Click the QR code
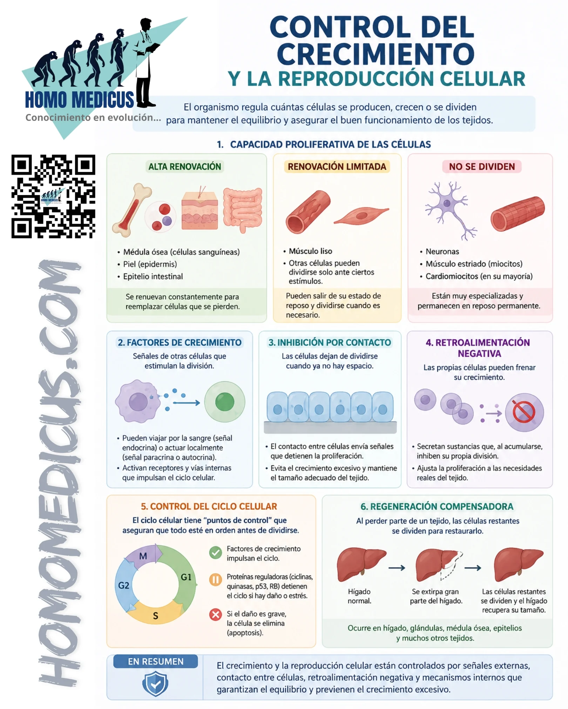click(x=53, y=196)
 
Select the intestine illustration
click(x=243, y=209)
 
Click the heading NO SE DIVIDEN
click(x=482, y=167)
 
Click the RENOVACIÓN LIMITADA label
click(x=337, y=167)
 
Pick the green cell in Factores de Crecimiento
click(x=225, y=402)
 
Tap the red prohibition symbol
click(x=524, y=412)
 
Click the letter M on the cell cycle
click(x=143, y=556)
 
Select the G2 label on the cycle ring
click(x=123, y=585)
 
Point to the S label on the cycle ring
click(x=156, y=616)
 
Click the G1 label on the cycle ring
click(x=186, y=577)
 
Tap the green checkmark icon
click(x=215, y=553)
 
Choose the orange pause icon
click(x=215, y=580)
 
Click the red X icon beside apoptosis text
click(x=215, y=614)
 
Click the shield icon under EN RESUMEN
click(x=155, y=683)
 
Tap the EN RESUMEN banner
click(x=156, y=661)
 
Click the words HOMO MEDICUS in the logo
click(x=80, y=100)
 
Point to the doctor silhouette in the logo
click(x=145, y=62)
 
